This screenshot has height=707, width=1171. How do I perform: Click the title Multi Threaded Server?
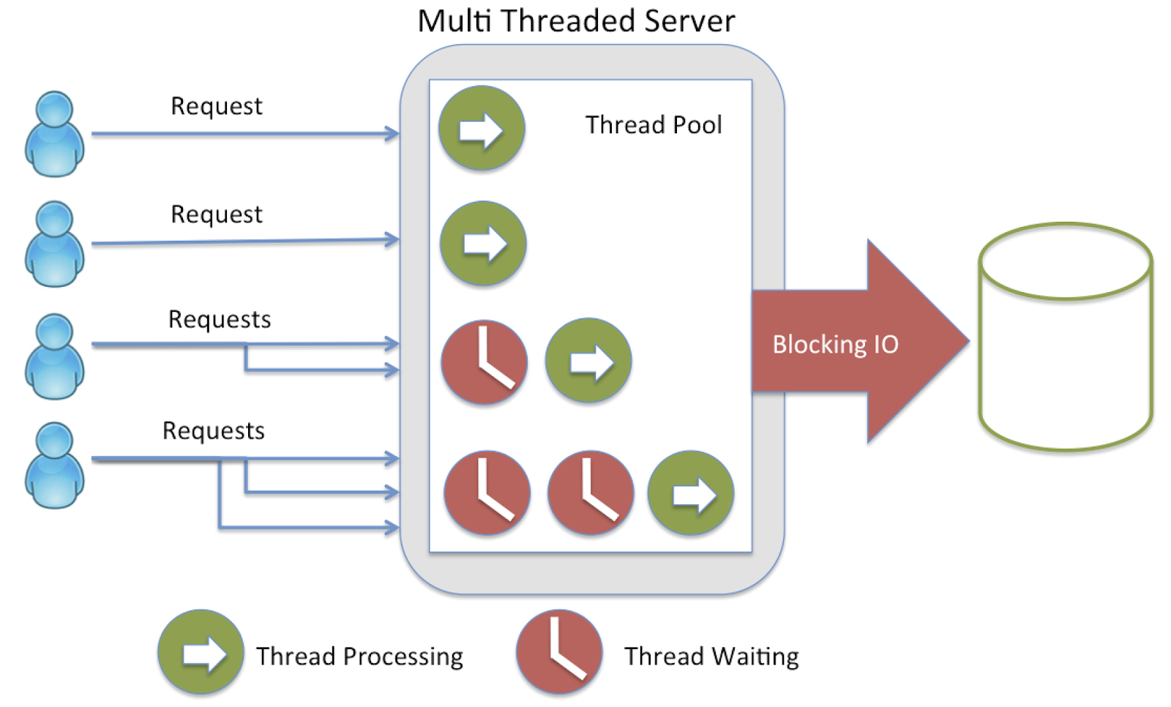pyautogui.click(x=576, y=20)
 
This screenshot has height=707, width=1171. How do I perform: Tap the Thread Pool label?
pyautogui.click(x=653, y=125)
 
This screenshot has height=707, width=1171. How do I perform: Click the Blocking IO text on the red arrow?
pyautogui.click(x=835, y=344)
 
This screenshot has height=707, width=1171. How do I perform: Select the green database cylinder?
pyautogui.click(x=1066, y=337)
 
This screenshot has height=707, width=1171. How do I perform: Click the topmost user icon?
pyautogui.click(x=54, y=134)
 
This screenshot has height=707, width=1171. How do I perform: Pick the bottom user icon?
pyautogui.click(x=54, y=465)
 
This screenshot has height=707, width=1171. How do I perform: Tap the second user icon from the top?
pyautogui.click(x=54, y=244)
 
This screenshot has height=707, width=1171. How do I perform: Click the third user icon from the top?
pyautogui.click(x=54, y=356)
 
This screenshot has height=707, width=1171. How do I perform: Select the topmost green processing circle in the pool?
pyautogui.click(x=482, y=129)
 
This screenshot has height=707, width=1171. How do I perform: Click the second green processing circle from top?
pyautogui.click(x=483, y=243)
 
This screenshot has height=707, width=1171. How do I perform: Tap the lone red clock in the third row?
pyautogui.click(x=485, y=362)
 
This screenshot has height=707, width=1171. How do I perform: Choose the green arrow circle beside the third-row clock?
pyautogui.click(x=588, y=360)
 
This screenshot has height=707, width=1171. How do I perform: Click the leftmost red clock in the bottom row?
pyautogui.click(x=487, y=493)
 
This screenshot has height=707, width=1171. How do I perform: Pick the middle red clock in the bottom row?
pyautogui.click(x=591, y=493)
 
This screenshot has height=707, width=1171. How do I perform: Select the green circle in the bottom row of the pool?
pyautogui.click(x=691, y=493)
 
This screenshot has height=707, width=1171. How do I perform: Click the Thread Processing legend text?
pyautogui.click(x=359, y=656)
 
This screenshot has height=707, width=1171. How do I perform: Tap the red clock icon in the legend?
pyautogui.click(x=559, y=651)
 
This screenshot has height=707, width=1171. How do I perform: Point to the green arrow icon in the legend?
pyautogui.click(x=201, y=652)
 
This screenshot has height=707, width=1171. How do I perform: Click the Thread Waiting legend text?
pyautogui.click(x=711, y=656)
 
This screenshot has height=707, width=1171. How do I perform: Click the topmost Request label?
pyautogui.click(x=216, y=107)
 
